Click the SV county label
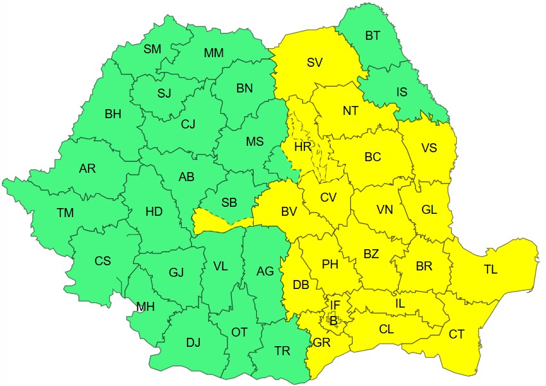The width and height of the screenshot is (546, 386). (314, 62)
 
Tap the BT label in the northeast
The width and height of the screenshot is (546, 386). (373, 36)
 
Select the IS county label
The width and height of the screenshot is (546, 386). (401, 92)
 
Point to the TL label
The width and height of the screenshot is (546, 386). (490, 270)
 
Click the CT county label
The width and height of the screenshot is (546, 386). (457, 334)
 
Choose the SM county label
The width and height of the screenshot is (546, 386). (152, 49)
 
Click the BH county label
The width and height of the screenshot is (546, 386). (113, 114)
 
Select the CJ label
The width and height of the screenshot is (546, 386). (188, 123)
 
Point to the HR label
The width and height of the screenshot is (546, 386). (303, 147)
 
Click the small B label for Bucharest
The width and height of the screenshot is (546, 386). (333, 320)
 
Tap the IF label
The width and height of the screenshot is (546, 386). (335, 304)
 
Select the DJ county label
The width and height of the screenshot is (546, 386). (193, 342)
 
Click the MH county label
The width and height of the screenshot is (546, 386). (145, 307)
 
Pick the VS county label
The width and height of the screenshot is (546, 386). (429, 148)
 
